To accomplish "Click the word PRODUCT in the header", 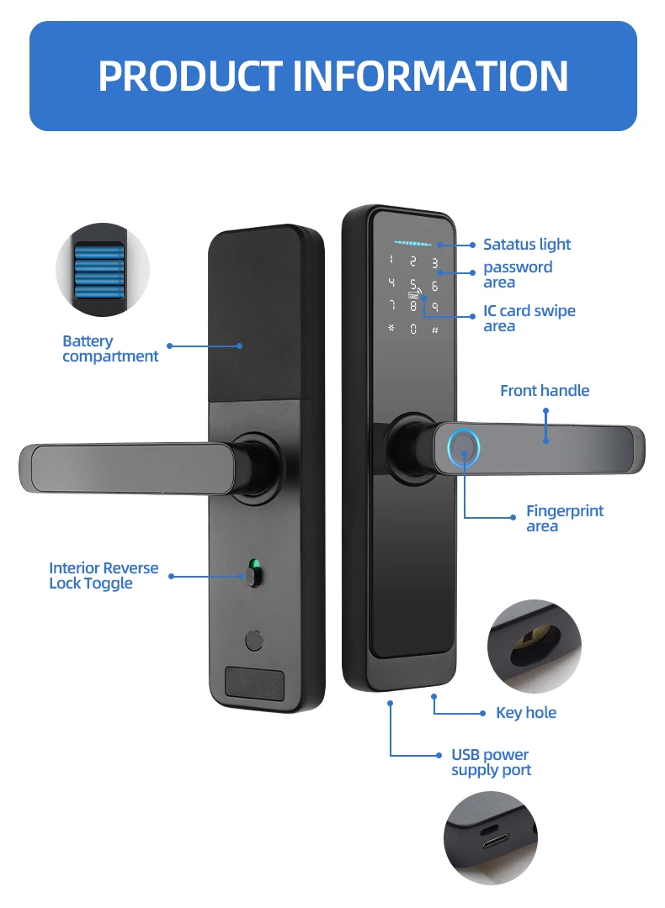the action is (190, 76).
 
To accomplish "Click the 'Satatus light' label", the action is (527, 245).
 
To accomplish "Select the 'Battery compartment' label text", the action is (110, 349).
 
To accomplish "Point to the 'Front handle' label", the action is (545, 391).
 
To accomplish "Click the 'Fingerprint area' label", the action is (565, 518).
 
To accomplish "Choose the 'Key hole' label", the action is (526, 713).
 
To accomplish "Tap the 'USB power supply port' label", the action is (491, 762).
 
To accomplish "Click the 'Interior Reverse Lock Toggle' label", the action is (104, 576).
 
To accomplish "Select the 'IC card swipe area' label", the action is (529, 318).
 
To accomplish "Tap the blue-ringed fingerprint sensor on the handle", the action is (464, 447).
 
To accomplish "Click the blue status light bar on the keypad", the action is (412, 243).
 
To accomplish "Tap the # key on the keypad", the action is (435, 330).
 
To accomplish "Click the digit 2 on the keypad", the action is (412, 261).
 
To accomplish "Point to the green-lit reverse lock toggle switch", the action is (253, 573).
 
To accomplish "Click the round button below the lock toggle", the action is (254, 641).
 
